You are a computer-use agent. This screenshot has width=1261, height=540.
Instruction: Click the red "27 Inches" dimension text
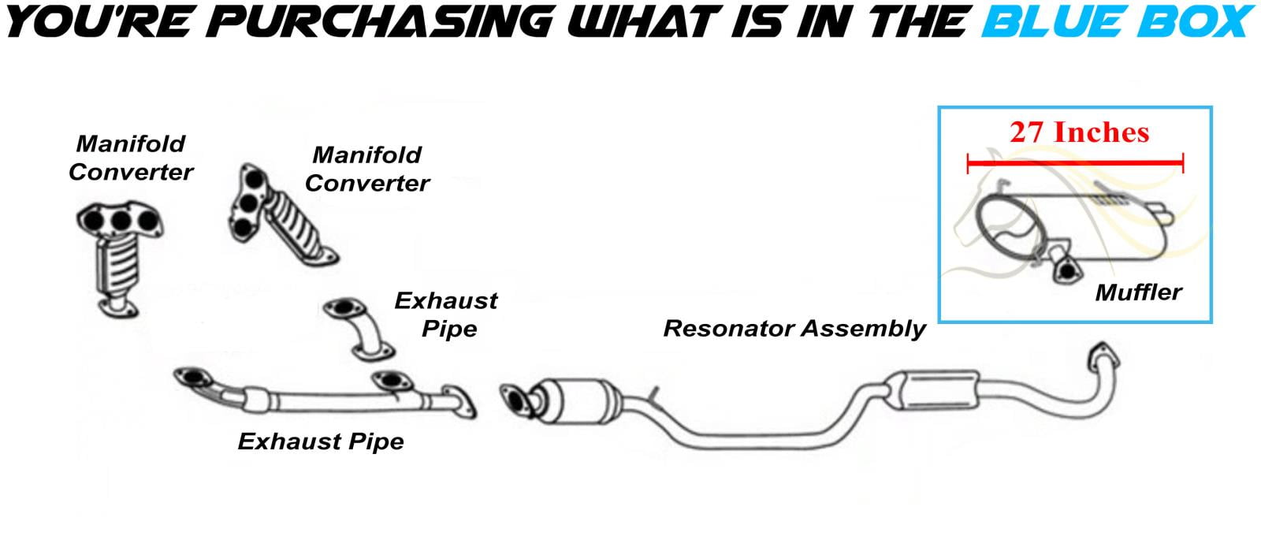(1079, 133)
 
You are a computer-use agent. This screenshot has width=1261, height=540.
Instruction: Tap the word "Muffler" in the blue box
(1138, 292)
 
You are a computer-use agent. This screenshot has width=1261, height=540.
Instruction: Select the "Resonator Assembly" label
(794, 329)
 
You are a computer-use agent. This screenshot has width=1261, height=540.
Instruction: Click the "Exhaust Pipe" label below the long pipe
(321, 441)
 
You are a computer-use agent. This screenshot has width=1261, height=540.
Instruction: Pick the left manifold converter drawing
(120, 259)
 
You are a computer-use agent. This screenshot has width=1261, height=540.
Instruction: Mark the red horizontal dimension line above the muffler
(1075, 163)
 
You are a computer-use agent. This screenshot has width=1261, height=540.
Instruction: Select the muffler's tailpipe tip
(1162, 213)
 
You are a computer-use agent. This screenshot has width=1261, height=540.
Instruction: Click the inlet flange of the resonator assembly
(515, 401)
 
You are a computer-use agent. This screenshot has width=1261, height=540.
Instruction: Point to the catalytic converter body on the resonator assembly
(580, 401)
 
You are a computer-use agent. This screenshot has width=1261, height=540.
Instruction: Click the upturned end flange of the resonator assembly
(1103, 356)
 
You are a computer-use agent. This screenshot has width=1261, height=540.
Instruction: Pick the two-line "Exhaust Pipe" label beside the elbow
(446, 315)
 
